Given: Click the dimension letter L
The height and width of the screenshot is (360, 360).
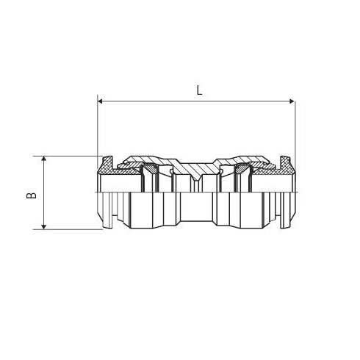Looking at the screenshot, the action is pos(200,91).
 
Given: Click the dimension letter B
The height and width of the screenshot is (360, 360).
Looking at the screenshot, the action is pos(32,195).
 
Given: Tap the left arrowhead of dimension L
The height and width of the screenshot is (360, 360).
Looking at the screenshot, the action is pos(100,101).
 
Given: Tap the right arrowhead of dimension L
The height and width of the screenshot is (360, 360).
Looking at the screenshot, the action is pos(292,101).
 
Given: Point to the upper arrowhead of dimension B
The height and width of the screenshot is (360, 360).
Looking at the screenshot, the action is pos(44,159).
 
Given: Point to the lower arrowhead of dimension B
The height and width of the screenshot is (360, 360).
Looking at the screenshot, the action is pos(44,227).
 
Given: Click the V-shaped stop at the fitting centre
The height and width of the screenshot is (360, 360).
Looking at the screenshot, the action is pos(195,177).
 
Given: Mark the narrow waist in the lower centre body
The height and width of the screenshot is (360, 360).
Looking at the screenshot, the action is pos(196,207).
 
